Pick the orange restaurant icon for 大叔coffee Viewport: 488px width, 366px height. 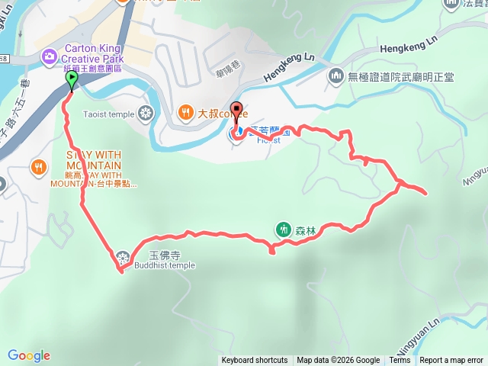(185, 114)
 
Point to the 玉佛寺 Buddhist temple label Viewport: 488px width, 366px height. (164, 260)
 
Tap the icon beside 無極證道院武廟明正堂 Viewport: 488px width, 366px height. (336, 76)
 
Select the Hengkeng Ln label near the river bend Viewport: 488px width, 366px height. (289, 68)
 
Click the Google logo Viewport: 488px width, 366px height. (29, 355)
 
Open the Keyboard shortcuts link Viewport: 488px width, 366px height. (255, 361)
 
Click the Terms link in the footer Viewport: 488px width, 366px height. (400, 361)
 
